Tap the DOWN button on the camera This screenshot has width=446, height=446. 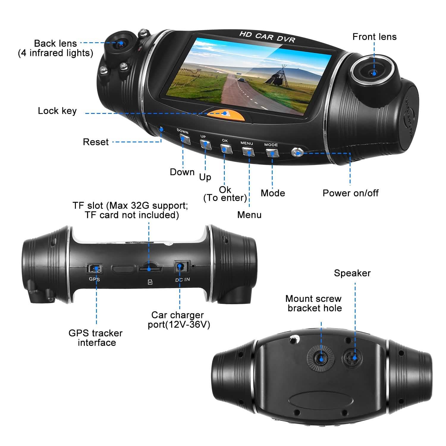click(185, 139)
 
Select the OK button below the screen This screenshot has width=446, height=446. click(226, 148)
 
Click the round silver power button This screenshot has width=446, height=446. click(297, 152)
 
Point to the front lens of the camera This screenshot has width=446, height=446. click(373, 72)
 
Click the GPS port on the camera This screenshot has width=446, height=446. click(94, 268)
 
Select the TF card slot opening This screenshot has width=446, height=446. click(150, 269)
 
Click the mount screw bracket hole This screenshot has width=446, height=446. click(321, 358)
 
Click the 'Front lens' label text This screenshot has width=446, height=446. click(374, 37)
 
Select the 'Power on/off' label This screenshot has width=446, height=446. click(350, 193)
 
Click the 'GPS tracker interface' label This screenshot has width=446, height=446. click(96, 338)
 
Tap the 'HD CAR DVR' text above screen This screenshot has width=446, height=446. click(267, 37)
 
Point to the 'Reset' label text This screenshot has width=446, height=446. click(96, 142)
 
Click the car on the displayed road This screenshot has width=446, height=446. click(241, 80)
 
